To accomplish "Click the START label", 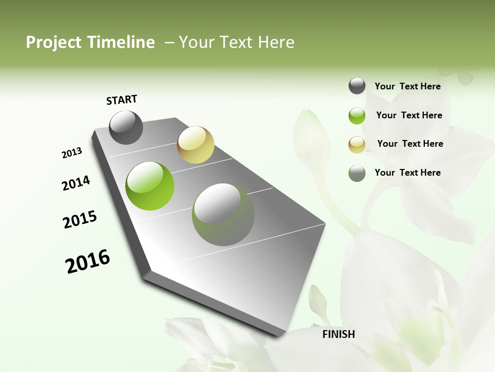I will click(122, 100).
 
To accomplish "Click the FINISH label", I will click(339, 334).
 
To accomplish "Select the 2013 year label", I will click(72, 152).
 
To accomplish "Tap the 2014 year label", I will click(76, 183).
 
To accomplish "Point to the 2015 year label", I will click(80, 220).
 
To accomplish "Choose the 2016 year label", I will click(88, 261).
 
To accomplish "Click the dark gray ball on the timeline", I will click(126, 128).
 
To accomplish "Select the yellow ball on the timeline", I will click(195, 145).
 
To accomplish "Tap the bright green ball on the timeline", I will click(150, 186).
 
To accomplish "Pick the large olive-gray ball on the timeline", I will click(223, 214).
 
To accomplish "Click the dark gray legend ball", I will click(357, 86).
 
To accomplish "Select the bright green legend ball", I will click(357, 116).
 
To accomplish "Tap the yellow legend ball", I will click(357, 145).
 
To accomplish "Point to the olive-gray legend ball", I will click(357, 173).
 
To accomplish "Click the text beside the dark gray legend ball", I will click(407, 86).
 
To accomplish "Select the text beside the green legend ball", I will click(409, 115).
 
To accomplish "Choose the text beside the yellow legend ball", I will click(410, 144).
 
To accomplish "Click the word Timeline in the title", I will click(121, 42).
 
